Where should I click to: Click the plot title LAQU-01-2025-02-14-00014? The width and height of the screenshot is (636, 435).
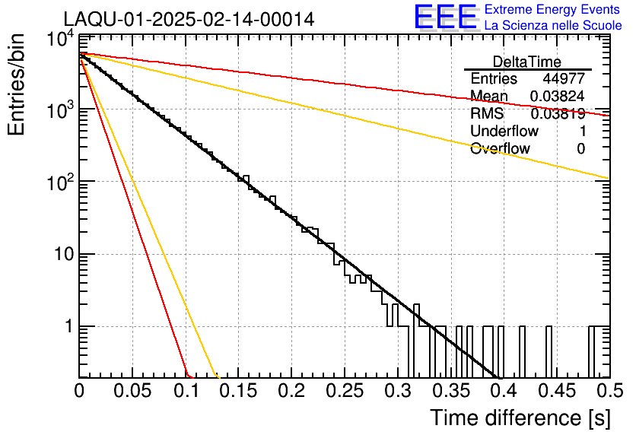tap(189, 19)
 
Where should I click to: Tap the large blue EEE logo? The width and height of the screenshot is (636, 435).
tap(446, 17)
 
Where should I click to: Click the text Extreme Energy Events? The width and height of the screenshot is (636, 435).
tap(552, 9)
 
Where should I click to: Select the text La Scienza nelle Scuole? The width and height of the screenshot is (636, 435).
tap(553, 25)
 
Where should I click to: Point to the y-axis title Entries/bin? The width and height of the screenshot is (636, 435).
tap(16, 84)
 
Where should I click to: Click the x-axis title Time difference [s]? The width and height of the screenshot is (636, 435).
tap(520, 418)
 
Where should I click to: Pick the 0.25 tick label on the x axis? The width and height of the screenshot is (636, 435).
tap(345, 391)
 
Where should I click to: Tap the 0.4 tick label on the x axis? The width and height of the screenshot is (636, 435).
tap(503, 391)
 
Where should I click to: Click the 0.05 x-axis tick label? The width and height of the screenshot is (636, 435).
tap(132, 391)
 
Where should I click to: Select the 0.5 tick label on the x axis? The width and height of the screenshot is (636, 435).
tap(609, 391)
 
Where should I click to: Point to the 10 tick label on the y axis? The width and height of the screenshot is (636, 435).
tap(64, 255)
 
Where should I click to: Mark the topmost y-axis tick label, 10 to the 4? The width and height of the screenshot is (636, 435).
tap(61, 40)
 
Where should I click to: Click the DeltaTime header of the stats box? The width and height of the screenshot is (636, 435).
tap(527, 62)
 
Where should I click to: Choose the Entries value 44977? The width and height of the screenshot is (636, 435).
tap(564, 78)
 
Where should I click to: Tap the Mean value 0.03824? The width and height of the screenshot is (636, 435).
tap(558, 96)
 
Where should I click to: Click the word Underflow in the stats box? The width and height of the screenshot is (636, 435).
tap(504, 131)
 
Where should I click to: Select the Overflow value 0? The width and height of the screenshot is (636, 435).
tap(580, 149)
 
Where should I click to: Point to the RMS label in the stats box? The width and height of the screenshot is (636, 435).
tap(487, 113)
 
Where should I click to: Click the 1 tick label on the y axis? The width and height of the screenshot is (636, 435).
tap(69, 327)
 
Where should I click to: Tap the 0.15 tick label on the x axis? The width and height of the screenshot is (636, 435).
tap(238, 391)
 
